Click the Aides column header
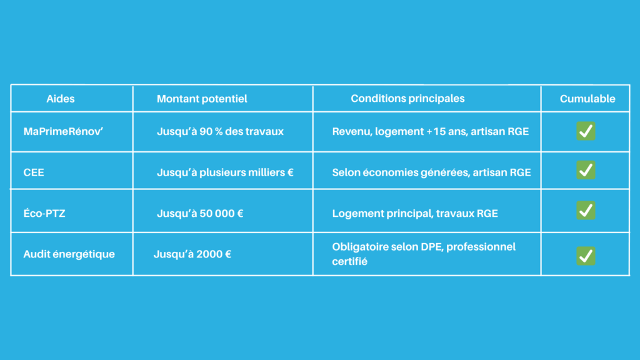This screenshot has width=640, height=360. coord(61,99)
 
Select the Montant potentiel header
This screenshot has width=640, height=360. coord(202,99)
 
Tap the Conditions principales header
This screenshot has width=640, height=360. coord(407,98)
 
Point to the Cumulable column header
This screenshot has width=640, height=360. coord(587,99)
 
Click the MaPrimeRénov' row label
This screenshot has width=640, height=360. coord(63,131)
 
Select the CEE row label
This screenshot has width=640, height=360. coord(34,172)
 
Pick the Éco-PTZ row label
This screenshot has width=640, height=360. coord(44,213)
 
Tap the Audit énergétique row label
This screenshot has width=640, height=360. coord(69,254)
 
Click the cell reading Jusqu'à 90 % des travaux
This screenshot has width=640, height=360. coord(220,131)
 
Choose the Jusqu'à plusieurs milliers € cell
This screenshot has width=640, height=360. coord(225,172)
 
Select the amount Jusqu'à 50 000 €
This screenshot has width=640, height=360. coord(200,213)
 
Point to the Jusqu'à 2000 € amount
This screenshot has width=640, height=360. coord(192,254)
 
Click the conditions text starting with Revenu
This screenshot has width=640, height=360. coord(430,131)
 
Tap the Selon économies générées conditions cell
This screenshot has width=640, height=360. coord(431,172)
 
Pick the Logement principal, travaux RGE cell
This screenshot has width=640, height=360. coord(415,213)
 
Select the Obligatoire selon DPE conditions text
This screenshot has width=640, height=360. coord(424,254)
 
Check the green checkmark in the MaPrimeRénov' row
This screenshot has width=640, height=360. coord(586,131)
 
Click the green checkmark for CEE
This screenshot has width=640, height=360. coord(586,170)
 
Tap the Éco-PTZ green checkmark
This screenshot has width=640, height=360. coord(586,210)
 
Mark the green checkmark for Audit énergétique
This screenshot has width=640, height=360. coord(586,256)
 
